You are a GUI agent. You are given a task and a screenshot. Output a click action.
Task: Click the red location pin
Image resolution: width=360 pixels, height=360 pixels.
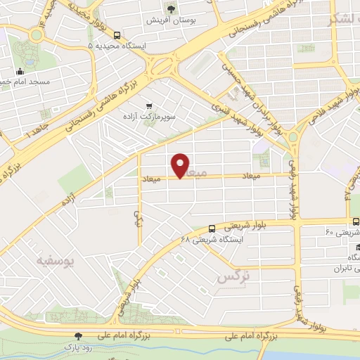coord(181,165)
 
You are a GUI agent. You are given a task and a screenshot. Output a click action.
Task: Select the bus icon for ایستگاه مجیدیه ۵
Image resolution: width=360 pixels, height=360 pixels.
coord(117,35)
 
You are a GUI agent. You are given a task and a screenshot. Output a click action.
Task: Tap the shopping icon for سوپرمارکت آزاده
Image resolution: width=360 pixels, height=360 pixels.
coord(148,106)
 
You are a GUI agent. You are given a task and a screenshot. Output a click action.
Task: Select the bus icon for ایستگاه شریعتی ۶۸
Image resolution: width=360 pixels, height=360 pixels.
coord(212,228)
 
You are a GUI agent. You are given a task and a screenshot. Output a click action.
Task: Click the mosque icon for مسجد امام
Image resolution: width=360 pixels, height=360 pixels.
coord(20,71)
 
